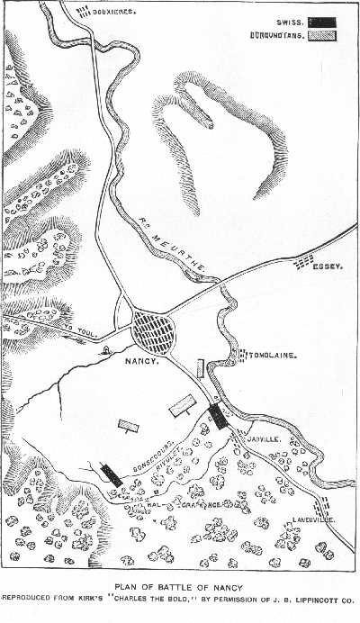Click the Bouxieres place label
115,13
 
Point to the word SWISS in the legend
287,21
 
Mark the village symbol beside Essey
306,260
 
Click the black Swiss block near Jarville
217,415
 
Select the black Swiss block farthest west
111,474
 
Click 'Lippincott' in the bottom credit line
315,597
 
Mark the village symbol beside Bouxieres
84,12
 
